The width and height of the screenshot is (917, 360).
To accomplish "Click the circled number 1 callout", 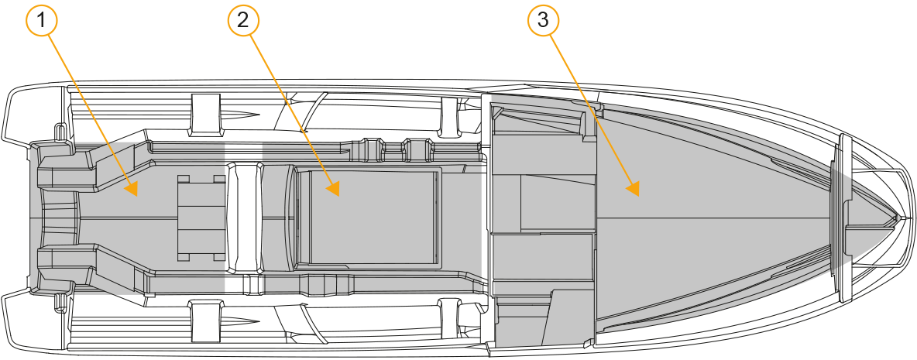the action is [x=42, y=21].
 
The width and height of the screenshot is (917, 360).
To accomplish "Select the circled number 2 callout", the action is [x=242, y=20].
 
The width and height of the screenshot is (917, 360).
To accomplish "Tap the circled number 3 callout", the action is [x=543, y=20].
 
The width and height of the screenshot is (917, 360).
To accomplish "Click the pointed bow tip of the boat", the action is [x=897, y=218].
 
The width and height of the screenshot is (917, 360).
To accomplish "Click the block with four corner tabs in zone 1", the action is [x=201, y=218].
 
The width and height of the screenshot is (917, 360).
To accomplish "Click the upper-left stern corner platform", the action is [x=35, y=114].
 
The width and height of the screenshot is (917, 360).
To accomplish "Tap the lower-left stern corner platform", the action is [x=35, y=321].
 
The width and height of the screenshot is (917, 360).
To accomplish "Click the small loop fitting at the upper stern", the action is [x=59, y=132].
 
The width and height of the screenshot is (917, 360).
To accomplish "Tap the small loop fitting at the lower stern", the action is [x=59, y=302].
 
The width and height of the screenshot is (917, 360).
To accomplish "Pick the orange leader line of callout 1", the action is [x=88, y=108].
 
